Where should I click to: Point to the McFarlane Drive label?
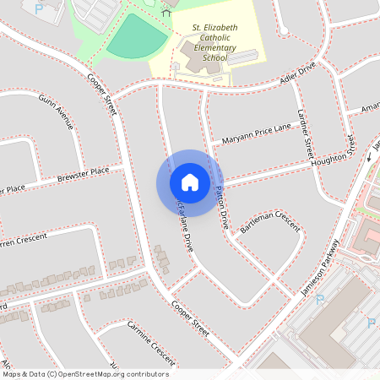click(x=183, y=221)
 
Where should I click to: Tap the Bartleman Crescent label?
click(x=270, y=224)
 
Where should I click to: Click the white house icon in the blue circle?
click(x=190, y=182)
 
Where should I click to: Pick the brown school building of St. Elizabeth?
click(x=198, y=59)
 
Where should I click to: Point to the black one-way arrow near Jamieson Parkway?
click(x=369, y=157)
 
